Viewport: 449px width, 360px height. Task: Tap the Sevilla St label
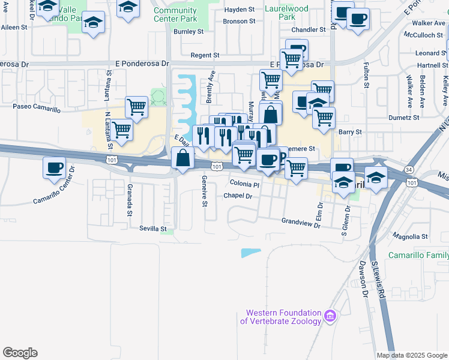point(152,229)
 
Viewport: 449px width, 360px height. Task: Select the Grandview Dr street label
point(303,221)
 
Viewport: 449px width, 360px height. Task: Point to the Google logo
point(20,353)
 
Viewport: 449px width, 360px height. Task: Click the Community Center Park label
point(175,14)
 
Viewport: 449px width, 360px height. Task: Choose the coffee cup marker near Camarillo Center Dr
point(54,167)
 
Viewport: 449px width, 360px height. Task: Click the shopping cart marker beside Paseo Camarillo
point(137,107)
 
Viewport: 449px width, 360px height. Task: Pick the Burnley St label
point(188,31)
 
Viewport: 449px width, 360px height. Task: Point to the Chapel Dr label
point(238,196)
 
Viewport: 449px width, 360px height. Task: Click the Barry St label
point(351,132)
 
